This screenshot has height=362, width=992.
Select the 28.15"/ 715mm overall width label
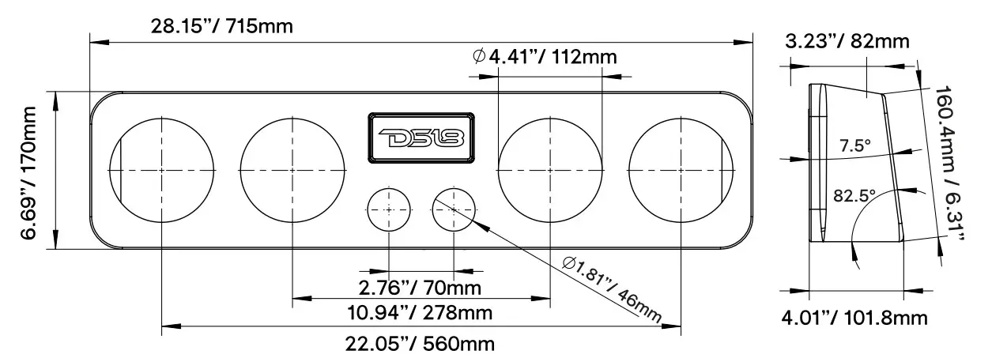tap(221, 27)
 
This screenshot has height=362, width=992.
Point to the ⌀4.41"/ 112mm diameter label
tap(544, 57)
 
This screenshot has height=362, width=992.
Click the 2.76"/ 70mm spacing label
tap(420, 285)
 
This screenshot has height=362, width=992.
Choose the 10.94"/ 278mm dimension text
tap(421, 313)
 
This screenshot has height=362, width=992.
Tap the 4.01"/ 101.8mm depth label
tap(854, 319)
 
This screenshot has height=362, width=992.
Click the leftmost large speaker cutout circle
tap(161, 170)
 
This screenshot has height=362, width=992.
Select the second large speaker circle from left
tap(292, 170)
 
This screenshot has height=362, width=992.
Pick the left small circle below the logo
tap(390, 209)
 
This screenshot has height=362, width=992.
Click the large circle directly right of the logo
tap(550, 170)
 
